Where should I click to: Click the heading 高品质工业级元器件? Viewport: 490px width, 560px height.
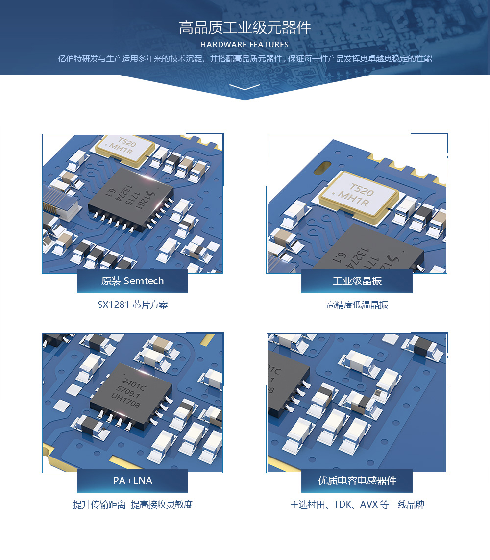(x=245, y=28)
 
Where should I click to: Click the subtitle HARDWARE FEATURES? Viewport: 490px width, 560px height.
(x=245, y=45)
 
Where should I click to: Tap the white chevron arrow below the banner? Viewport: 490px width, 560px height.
(x=245, y=87)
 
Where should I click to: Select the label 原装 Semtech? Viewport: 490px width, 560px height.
(x=132, y=281)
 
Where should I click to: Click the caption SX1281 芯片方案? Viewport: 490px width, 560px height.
(x=133, y=305)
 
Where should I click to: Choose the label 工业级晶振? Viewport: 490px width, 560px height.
(x=357, y=281)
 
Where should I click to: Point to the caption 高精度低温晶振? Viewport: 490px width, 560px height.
(x=357, y=305)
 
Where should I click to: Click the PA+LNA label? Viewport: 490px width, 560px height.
(x=133, y=481)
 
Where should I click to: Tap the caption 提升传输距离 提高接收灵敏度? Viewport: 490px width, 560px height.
(x=133, y=504)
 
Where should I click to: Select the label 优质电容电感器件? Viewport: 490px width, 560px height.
(x=357, y=481)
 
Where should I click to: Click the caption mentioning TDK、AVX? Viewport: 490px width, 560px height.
(x=357, y=504)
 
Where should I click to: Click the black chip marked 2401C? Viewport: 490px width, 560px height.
(x=131, y=395)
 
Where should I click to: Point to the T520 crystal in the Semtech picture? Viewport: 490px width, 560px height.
(x=125, y=149)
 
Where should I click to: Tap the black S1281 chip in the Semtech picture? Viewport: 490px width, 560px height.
(x=131, y=199)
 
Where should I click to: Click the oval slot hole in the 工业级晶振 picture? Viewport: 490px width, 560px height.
(x=322, y=168)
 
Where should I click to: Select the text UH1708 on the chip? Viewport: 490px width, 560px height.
(x=125, y=401)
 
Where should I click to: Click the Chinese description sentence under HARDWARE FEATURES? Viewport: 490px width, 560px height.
(x=245, y=58)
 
